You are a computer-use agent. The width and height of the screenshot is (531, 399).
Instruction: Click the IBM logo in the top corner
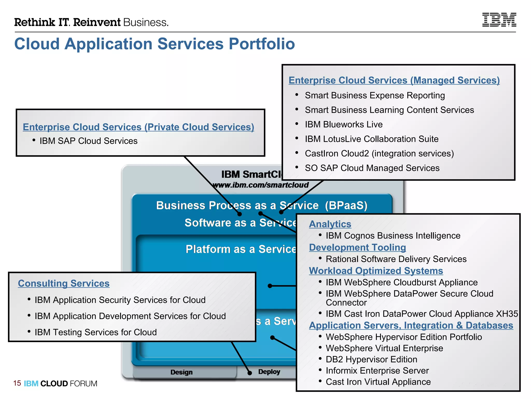point(499,20)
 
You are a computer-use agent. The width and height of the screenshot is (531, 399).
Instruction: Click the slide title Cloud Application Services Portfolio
point(155,44)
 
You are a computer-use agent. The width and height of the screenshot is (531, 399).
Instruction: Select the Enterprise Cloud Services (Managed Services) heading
point(394,80)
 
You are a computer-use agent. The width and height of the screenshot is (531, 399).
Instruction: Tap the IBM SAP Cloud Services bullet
point(88,141)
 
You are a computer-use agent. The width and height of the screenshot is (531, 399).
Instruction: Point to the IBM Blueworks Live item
point(344,124)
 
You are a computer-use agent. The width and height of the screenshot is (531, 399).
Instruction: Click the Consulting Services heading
point(64,283)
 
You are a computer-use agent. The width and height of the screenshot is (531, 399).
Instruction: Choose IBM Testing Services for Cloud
point(96,332)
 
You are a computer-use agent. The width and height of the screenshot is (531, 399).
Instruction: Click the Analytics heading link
point(330,224)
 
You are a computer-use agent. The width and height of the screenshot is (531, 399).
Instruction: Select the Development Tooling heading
point(357,247)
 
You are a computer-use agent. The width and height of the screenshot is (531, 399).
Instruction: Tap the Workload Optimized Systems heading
point(376,271)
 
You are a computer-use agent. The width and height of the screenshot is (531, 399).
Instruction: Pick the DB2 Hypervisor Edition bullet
point(371,359)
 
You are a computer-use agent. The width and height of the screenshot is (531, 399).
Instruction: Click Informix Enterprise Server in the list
point(377,370)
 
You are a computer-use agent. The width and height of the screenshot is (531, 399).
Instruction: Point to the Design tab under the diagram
point(181,372)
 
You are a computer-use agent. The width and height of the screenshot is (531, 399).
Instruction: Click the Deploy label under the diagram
point(269,372)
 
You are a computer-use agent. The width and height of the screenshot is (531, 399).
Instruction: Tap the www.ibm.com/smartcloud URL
point(261,185)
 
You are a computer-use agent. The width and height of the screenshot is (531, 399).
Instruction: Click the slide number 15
point(17,383)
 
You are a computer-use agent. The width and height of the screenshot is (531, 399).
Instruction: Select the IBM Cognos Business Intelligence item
point(393,236)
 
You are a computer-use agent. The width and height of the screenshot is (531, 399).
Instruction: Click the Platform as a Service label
point(241,249)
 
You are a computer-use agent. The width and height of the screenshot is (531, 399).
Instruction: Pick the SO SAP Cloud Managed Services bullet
point(372,168)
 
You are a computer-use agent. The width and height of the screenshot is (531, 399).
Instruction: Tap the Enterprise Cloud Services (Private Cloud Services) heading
point(138,127)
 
